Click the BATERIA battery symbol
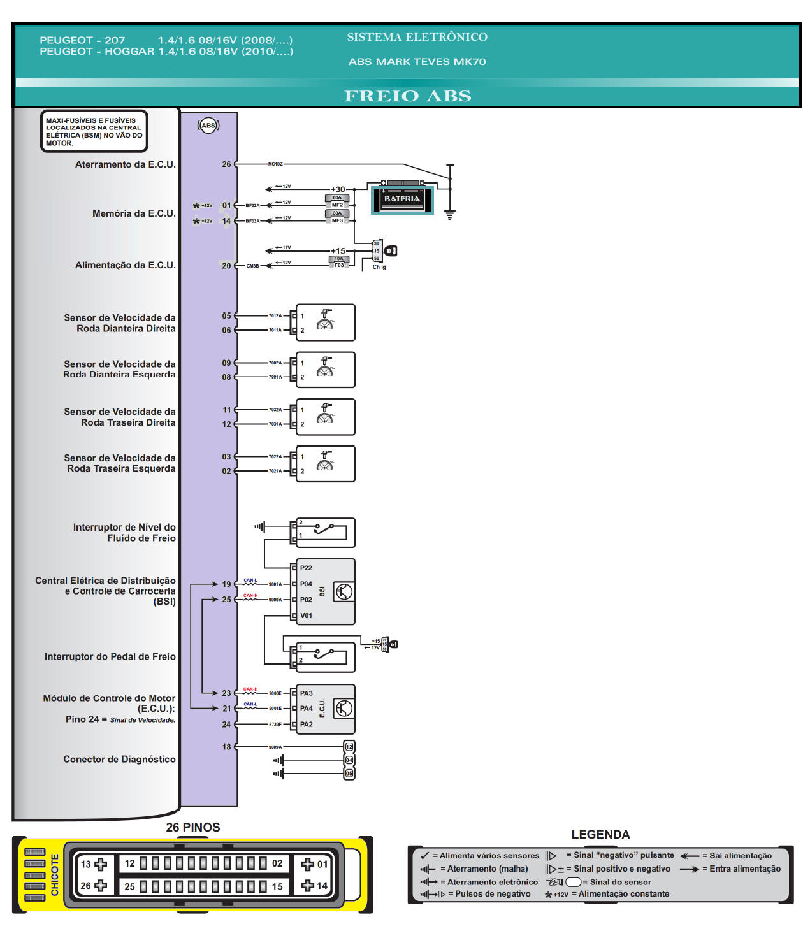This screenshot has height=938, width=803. (x=402, y=199)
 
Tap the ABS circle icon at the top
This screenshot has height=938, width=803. (x=208, y=126)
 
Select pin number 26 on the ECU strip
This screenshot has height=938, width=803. (x=226, y=164)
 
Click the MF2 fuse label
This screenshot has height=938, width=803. (x=337, y=205)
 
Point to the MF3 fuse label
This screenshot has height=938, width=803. (x=337, y=221)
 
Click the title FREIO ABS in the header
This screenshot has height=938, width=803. (x=407, y=96)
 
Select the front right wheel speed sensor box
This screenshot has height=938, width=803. (x=325, y=322)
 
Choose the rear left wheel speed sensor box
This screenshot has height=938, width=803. (x=325, y=464)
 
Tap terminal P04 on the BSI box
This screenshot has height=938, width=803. (x=306, y=584)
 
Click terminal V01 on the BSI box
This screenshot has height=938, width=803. (x=306, y=616)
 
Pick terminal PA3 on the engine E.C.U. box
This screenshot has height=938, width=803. (x=306, y=693)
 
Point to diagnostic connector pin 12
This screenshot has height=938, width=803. (x=349, y=747)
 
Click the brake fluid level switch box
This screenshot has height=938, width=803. (x=325, y=533)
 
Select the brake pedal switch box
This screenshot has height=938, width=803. (x=325, y=656)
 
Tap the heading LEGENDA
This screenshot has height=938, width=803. (x=600, y=835)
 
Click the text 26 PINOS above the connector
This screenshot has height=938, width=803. (x=193, y=828)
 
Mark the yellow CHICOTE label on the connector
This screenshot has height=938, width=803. (x=55, y=875)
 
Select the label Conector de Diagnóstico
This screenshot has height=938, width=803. (x=119, y=760)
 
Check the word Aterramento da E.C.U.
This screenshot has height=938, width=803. (x=125, y=164)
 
